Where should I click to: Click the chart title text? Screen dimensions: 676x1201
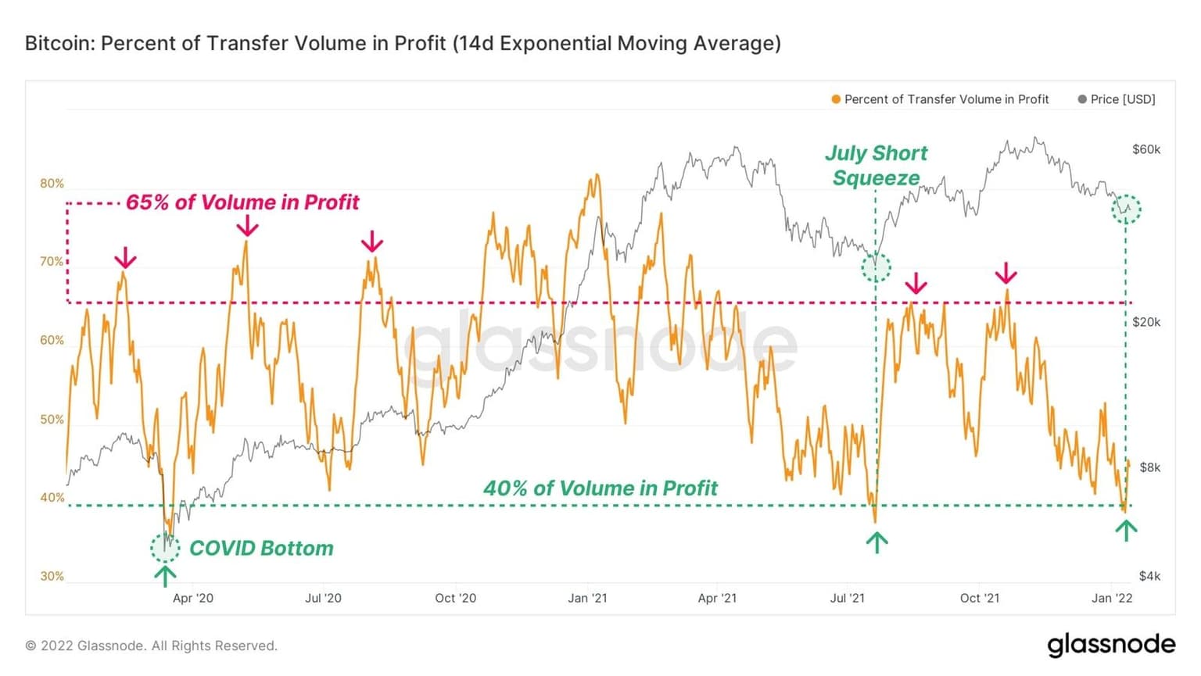(403, 43)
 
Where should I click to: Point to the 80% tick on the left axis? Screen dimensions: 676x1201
(52, 184)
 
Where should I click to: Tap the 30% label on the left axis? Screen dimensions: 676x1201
(52, 576)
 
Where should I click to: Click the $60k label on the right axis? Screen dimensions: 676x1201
(1146, 149)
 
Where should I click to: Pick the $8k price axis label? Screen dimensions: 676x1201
(1149, 467)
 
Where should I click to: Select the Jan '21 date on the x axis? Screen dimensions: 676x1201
(587, 598)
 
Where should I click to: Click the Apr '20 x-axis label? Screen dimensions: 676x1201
(192, 598)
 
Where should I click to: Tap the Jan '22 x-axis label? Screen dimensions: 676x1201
(1112, 598)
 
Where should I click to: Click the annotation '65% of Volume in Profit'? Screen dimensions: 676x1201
(242, 202)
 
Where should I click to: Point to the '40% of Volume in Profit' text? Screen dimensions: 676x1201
(600, 488)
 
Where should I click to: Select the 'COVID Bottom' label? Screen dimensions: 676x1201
(261, 548)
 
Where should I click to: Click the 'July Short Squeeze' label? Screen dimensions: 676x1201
(877, 165)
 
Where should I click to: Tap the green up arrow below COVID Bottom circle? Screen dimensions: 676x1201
(165, 576)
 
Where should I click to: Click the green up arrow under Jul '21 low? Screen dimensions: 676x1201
(877, 542)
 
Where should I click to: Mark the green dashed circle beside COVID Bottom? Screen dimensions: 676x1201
(165, 548)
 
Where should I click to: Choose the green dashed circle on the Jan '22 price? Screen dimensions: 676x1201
(1126, 209)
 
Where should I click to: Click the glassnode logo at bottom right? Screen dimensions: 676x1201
(1111, 645)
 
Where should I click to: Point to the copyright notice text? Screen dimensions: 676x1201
(152, 646)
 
